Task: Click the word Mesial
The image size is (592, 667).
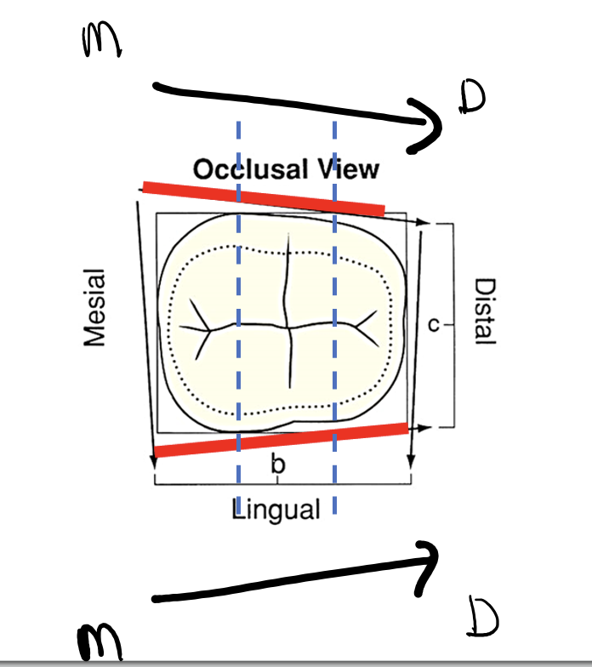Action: coord(96,307)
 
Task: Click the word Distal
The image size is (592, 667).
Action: coord(485,311)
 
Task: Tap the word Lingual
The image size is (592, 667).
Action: coord(276,510)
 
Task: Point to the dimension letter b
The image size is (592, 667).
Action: coord(276,465)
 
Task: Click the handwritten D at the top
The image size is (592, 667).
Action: coord(470,100)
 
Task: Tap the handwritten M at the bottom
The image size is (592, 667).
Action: coord(100,640)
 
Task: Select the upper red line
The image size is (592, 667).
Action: coord(264,197)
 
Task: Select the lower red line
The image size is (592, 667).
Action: coord(281,438)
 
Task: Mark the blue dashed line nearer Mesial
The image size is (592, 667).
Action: coord(239,340)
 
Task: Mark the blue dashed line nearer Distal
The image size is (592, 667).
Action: coord(334,340)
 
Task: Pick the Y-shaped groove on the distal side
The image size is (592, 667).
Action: coord(366,323)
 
